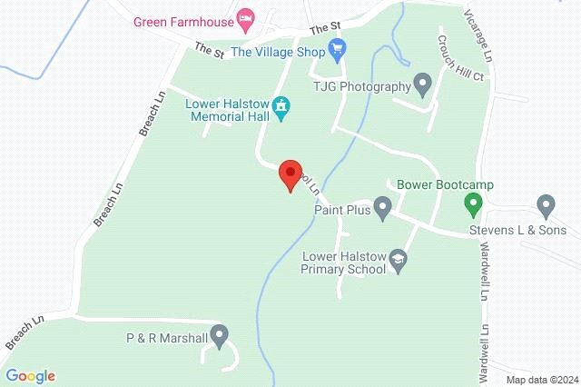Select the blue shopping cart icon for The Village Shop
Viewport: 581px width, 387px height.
338,51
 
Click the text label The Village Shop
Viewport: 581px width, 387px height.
277,52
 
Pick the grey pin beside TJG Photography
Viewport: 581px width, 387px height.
422,84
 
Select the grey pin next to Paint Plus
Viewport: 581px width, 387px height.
383,211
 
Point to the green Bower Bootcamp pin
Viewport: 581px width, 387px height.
471,203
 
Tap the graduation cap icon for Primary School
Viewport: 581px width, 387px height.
397,262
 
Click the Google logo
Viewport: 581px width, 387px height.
30,375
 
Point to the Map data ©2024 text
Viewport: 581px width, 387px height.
541,380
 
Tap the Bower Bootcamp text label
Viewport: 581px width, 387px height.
445,185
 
